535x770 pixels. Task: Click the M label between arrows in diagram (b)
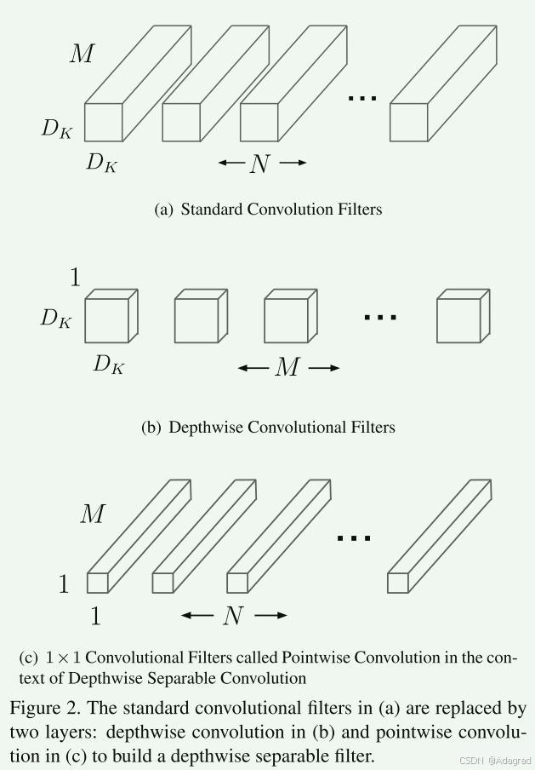287,368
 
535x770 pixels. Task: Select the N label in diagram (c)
233,616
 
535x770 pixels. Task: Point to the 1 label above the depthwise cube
75,278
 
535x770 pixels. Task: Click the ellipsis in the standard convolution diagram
362,98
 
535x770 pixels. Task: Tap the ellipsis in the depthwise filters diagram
379,317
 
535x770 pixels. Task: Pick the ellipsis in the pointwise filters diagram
353,537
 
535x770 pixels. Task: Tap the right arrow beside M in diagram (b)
323,368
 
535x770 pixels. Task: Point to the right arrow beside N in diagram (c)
270,616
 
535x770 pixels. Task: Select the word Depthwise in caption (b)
202,428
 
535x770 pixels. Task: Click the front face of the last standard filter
408,122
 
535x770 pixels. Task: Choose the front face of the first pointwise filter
97,583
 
